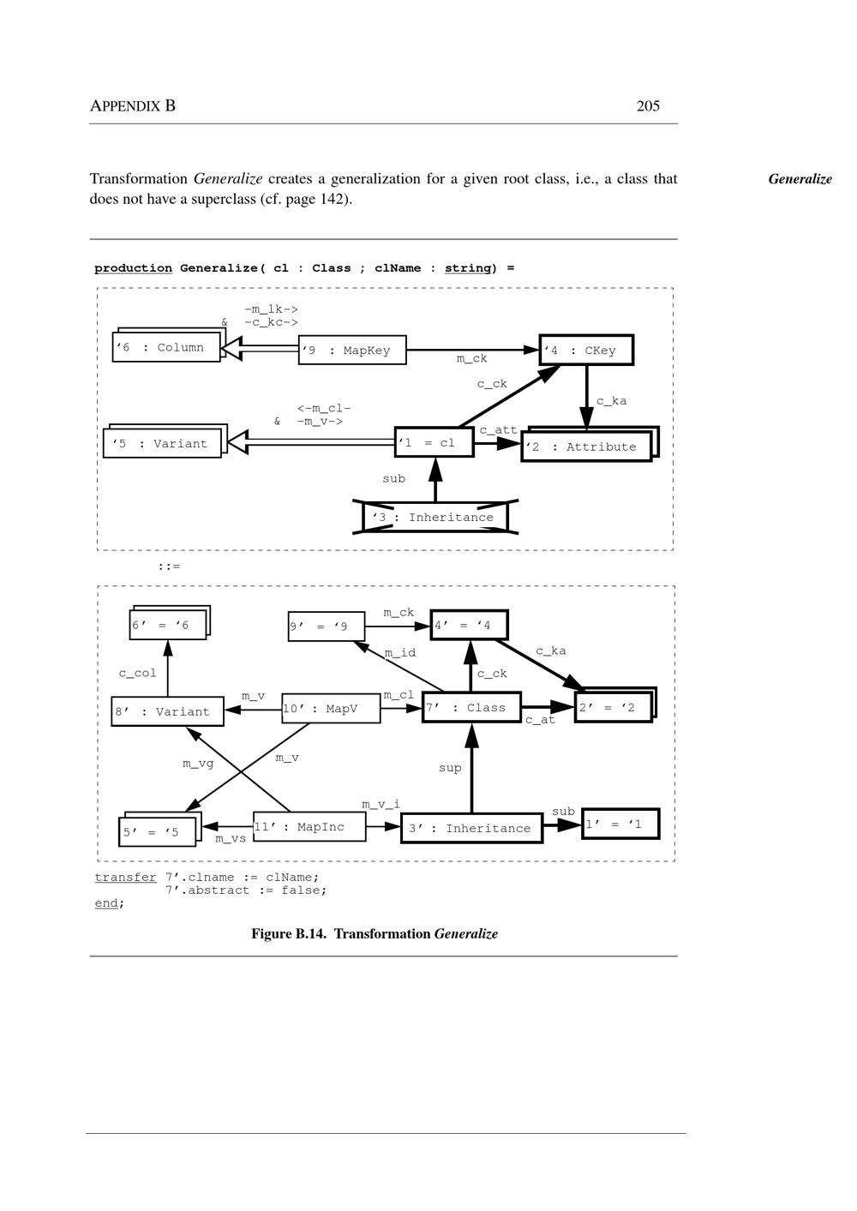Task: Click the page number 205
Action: (648, 106)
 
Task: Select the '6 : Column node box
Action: (166, 348)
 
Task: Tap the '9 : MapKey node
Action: (352, 351)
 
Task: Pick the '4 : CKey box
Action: (586, 351)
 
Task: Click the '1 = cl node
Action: (434, 443)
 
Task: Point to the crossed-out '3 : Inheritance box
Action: (435, 518)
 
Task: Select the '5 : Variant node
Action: (162, 444)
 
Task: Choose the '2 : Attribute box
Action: (586, 447)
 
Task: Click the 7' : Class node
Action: (471, 708)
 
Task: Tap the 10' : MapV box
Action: (331, 709)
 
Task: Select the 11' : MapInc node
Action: (309, 827)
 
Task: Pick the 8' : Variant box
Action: (167, 712)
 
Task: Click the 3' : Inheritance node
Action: (471, 829)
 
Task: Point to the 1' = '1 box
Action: (620, 824)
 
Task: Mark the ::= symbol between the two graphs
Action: (169, 567)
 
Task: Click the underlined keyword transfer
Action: (125, 878)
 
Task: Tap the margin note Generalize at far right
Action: (800, 179)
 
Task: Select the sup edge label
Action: (450, 768)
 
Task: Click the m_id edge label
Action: (400, 653)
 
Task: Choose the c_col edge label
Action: (138, 674)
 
